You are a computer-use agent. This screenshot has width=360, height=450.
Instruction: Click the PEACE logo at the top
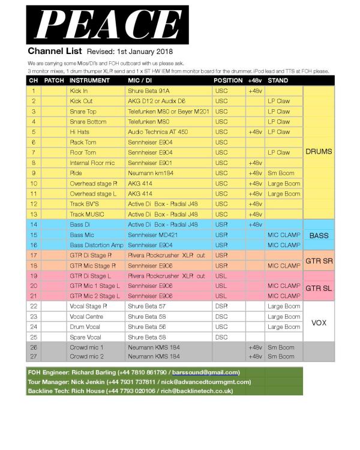tap(107, 22)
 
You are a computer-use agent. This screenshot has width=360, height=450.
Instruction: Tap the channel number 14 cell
tap(34, 224)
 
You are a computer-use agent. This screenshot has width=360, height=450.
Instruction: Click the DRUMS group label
tap(318, 152)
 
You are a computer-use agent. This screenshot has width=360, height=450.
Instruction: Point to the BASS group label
tap(318, 235)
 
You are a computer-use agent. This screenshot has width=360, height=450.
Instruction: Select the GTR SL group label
tap(318, 288)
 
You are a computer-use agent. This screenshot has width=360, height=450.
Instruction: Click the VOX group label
tap(318, 322)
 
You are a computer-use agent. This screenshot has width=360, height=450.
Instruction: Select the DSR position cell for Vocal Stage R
tap(220, 306)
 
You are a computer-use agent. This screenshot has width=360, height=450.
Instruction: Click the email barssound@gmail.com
tap(205, 373)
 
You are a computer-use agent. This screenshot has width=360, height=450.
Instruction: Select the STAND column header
tap(277, 80)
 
